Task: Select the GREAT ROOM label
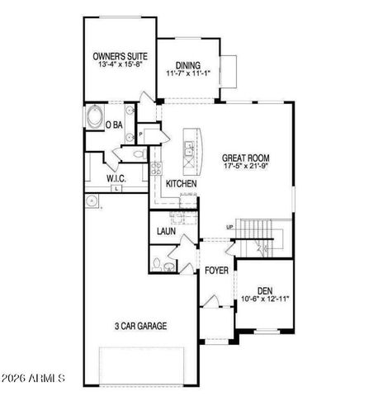coord(246,157)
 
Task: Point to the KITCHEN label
coord(181,183)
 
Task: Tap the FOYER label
coord(216,270)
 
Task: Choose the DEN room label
coord(265,290)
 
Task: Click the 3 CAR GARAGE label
coord(140,326)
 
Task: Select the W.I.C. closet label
coord(116,178)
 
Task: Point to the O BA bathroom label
coord(115,125)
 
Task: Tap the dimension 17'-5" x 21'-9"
coord(246,166)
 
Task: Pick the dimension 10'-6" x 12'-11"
coord(265,299)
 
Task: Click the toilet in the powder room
coord(157,264)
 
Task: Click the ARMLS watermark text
coord(35,379)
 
